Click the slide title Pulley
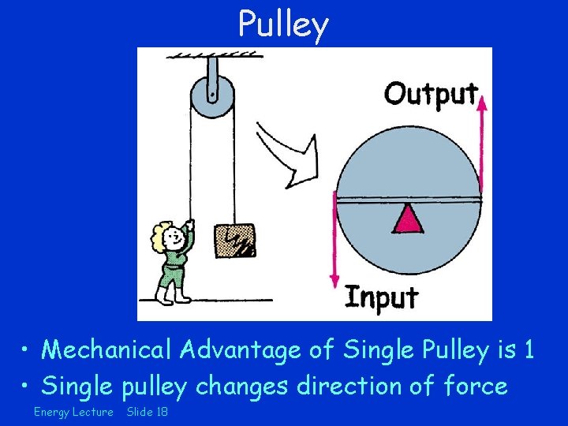[x=283, y=24]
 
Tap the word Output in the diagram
[x=431, y=94]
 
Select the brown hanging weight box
[x=235, y=240]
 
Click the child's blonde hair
[x=163, y=235]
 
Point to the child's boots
[x=173, y=296]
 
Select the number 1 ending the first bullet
[x=529, y=349]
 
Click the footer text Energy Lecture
[x=73, y=413]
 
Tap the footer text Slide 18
[x=148, y=413]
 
